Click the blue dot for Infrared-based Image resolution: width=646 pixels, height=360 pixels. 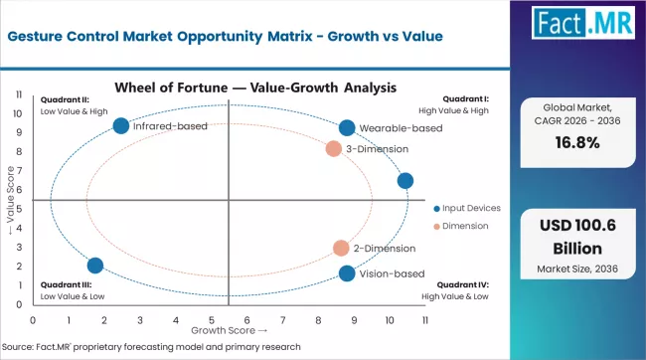pos(121,125)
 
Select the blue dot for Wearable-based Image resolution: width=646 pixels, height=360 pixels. pos(346,127)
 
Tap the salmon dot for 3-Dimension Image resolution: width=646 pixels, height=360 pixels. pos(334,149)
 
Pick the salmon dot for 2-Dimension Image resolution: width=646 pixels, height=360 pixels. pos(341,248)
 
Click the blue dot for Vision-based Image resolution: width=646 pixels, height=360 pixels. pos(346,273)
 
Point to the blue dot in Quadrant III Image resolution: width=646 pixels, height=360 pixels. pos(95,266)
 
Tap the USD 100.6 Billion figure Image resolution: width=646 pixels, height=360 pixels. pos(581,236)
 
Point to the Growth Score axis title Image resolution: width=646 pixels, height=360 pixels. pos(229,330)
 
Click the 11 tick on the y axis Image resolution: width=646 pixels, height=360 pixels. pos(21,94)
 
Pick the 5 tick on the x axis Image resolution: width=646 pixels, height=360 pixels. pos(211,320)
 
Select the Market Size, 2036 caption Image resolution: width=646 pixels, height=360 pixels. pos(581,269)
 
